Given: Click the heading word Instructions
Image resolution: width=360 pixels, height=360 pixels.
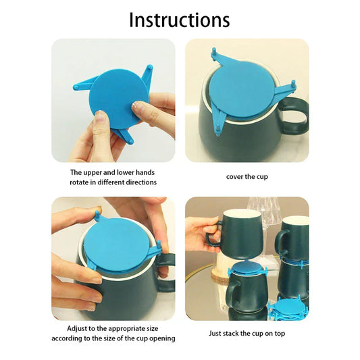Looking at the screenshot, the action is pyautogui.click(x=180, y=20).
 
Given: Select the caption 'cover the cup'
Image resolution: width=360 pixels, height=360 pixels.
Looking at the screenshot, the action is pyautogui.click(x=247, y=177).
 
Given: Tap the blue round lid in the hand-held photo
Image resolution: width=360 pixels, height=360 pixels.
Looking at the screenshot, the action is pyautogui.click(x=119, y=99).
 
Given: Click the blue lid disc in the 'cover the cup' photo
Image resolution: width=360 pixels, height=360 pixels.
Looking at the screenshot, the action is pyautogui.click(x=242, y=88).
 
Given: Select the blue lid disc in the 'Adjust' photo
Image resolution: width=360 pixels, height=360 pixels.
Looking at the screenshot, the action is pyautogui.click(x=116, y=247).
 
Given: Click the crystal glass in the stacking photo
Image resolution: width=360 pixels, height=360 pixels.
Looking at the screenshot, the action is pyautogui.click(x=265, y=211).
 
